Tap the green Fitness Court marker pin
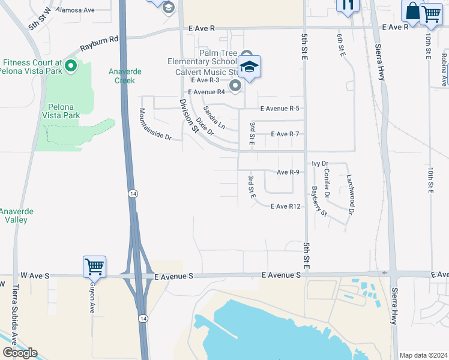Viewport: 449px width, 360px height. pyautogui.click(x=71, y=65)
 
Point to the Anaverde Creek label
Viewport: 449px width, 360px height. pyautogui.click(x=125, y=76)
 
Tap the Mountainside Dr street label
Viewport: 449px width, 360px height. pyautogui.click(x=154, y=124)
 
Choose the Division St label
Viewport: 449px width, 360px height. pyautogui.click(x=188, y=115)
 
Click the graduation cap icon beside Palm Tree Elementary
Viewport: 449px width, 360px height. pyautogui.click(x=249, y=67)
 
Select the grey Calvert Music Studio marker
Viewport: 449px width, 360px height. pyautogui.click(x=235, y=86)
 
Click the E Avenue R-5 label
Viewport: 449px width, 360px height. pyautogui.click(x=279, y=109)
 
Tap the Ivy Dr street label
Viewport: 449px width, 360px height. pyautogui.click(x=321, y=163)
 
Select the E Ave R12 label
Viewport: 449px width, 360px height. pyautogui.click(x=285, y=206)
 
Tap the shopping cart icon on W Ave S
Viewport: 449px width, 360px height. pyautogui.click(x=95, y=266)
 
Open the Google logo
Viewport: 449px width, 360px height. pyautogui.click(x=20, y=352)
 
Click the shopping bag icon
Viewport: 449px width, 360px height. pyautogui.click(x=412, y=11)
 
